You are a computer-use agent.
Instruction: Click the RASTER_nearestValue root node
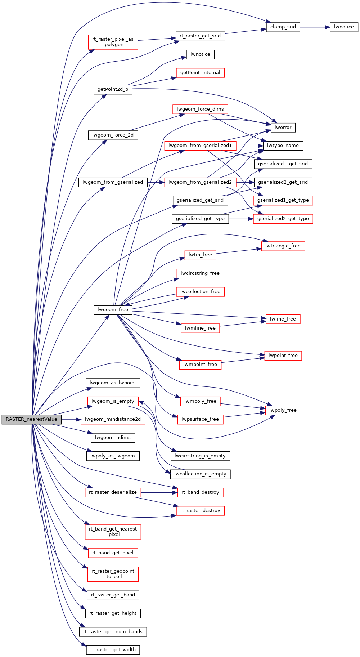click(31, 419)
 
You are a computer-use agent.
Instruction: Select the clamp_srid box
click(283, 27)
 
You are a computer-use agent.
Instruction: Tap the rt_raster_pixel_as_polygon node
click(113, 42)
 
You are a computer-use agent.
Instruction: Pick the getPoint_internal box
click(200, 73)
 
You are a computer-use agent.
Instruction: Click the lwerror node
click(283, 128)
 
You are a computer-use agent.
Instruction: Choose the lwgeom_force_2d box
click(113, 135)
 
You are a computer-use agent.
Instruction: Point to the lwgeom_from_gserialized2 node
click(200, 182)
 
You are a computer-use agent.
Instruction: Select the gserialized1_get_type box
click(283, 200)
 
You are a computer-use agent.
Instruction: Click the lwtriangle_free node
click(283, 246)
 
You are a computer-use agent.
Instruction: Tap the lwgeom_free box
click(113, 310)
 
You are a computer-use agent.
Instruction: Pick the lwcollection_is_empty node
click(200, 474)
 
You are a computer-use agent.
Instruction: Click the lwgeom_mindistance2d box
click(113, 419)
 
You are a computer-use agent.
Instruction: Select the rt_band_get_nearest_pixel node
click(113, 532)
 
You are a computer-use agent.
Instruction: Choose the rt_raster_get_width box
click(113, 650)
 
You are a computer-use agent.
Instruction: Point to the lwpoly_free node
click(283, 410)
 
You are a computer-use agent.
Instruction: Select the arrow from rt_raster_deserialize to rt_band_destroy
click(159, 492)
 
